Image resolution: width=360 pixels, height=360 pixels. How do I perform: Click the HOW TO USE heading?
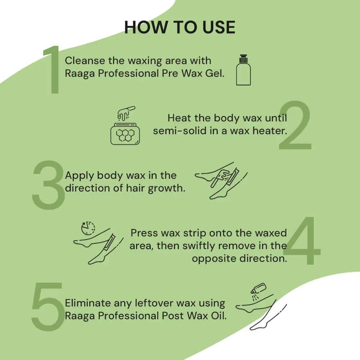click(x=179, y=27)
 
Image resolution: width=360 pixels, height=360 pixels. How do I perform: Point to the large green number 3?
click(x=49, y=184)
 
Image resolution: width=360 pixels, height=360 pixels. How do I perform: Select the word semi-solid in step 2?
click(x=178, y=131)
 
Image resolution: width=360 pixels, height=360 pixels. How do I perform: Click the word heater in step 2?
click(x=269, y=131)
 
